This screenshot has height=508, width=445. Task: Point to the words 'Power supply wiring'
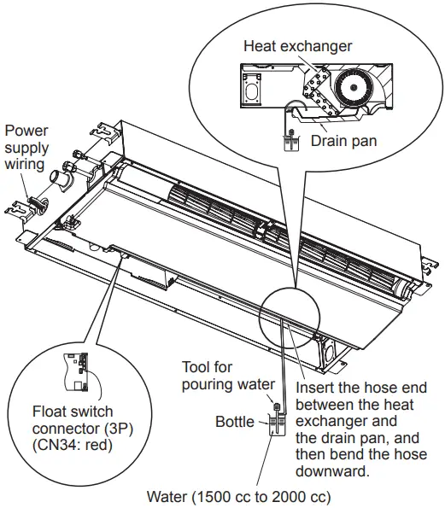pos(26,147)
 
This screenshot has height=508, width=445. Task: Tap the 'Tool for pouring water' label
pos(228,376)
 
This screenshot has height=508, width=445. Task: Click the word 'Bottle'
pos(234,422)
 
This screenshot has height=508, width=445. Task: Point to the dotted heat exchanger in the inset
pos(319,88)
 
